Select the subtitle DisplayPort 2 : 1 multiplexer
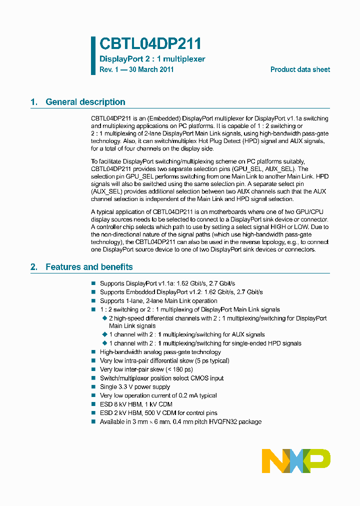[152, 59]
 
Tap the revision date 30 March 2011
[151, 70]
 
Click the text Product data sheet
[300, 70]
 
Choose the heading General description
[85, 102]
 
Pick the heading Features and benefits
[89, 267]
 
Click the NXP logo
[296, 460]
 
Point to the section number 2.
[33, 267]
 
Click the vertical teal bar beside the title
[93, 55]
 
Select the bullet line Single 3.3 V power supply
[135, 387]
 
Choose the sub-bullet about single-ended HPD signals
[205, 343]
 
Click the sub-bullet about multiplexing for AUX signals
[186, 334]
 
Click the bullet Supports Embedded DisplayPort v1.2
[181, 292]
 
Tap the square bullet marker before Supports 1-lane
[93, 301]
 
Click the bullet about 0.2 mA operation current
[158, 395]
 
